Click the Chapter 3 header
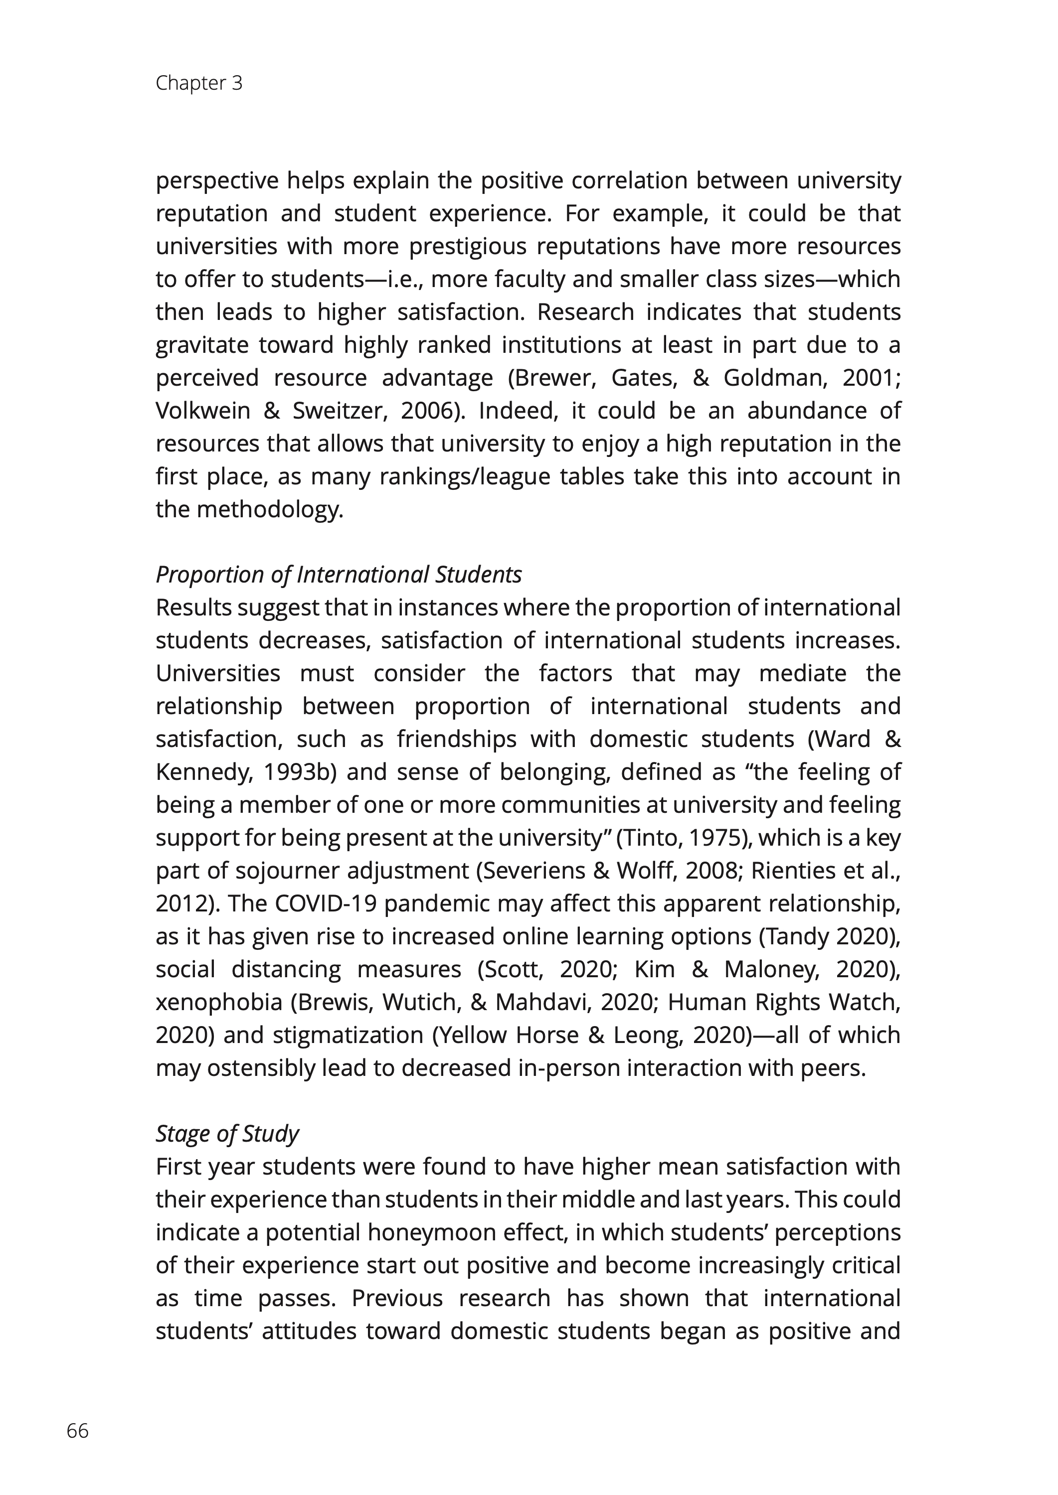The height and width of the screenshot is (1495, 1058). click(199, 83)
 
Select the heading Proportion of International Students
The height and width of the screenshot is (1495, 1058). click(339, 575)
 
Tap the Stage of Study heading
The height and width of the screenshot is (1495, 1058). click(227, 1134)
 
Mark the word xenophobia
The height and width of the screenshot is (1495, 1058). click(219, 1002)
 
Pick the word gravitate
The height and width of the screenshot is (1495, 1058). click(202, 345)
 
